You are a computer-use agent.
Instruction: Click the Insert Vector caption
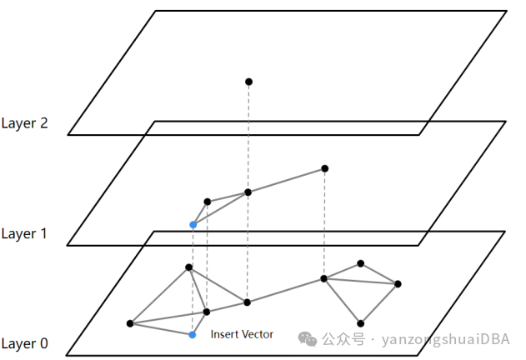(242, 334)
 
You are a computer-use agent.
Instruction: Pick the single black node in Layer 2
(248, 82)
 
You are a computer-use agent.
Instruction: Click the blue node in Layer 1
(193, 225)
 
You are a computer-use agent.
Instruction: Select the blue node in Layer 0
(193, 335)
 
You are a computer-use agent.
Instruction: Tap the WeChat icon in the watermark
(308, 339)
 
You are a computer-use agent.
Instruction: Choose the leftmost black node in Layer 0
(130, 323)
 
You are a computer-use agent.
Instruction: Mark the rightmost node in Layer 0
(398, 284)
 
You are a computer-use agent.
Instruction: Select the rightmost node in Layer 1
(324, 168)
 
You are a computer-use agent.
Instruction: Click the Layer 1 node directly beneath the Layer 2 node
(248, 192)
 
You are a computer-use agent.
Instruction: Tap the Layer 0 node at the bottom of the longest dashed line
(248, 302)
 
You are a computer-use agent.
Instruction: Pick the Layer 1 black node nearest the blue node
(207, 202)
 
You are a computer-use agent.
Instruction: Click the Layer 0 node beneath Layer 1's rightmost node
(323, 278)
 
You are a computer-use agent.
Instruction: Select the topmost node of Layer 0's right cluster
(360, 263)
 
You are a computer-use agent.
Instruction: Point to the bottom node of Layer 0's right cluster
(360, 323)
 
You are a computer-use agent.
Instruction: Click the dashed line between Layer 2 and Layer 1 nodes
(248, 137)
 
